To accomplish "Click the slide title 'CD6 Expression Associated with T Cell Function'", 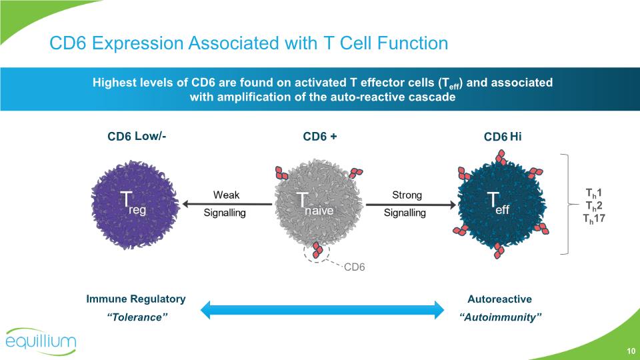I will [249, 44].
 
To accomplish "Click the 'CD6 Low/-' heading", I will [137, 137].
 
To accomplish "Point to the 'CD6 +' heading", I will [320, 137].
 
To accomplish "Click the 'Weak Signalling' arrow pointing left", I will [226, 204].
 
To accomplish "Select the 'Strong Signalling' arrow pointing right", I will [407, 204].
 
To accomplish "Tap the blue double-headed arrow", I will [322, 309].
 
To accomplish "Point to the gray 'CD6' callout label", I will [355, 267].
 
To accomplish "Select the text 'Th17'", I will [593, 217].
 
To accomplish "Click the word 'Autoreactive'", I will [500, 299].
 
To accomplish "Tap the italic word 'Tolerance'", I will [136, 317].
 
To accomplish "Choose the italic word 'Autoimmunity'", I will [500, 317].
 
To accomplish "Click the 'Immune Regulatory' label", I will [136, 299].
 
